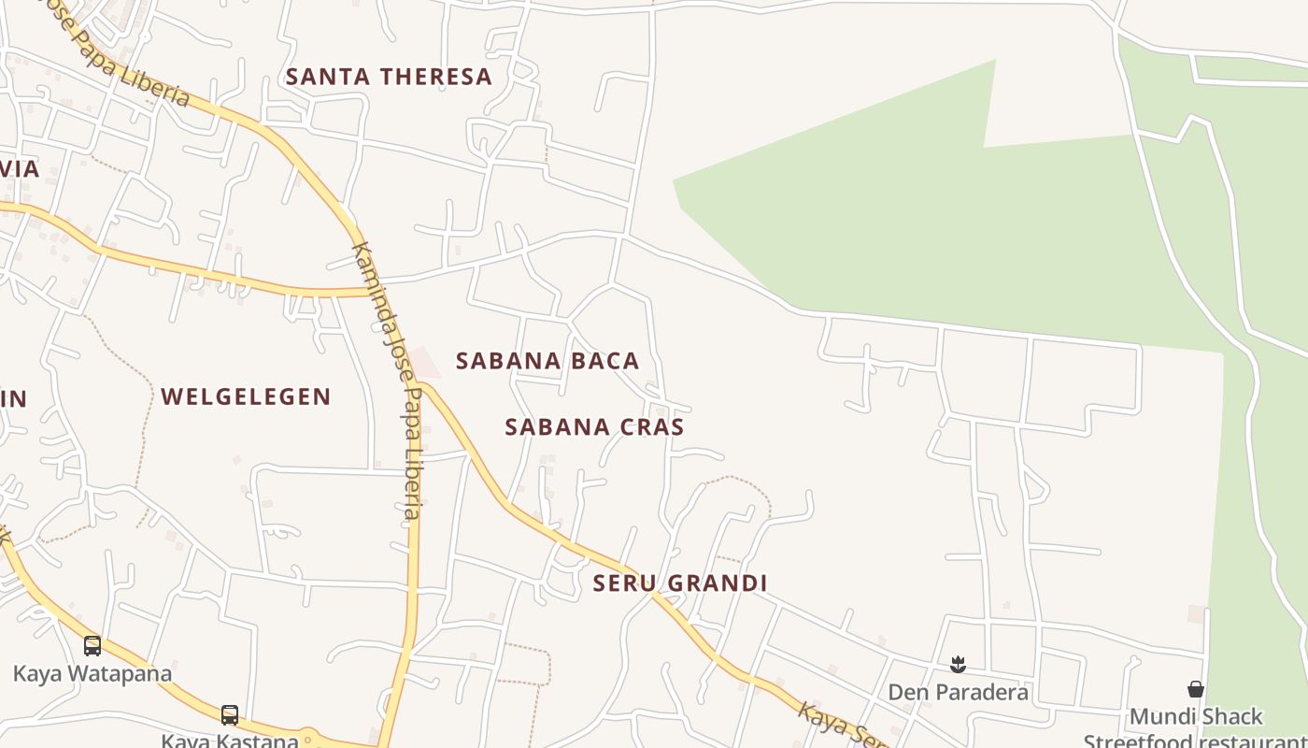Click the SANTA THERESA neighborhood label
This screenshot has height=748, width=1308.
(389, 77)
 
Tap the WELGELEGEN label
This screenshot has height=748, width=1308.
(246, 396)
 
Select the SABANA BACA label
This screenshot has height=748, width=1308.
(547, 361)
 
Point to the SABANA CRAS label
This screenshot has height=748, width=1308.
(594, 427)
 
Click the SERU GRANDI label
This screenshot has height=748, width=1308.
(680, 583)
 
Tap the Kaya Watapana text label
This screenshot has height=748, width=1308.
(92, 673)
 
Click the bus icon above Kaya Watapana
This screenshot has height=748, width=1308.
(92, 645)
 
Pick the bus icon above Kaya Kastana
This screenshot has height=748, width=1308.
(230, 714)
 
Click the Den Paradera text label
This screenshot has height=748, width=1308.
(958, 692)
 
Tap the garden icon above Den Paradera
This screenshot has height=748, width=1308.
(958, 665)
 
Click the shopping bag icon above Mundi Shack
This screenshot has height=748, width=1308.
(1196, 690)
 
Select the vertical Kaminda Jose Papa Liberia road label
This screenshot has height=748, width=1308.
(389, 379)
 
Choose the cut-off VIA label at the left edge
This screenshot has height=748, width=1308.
(19, 169)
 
